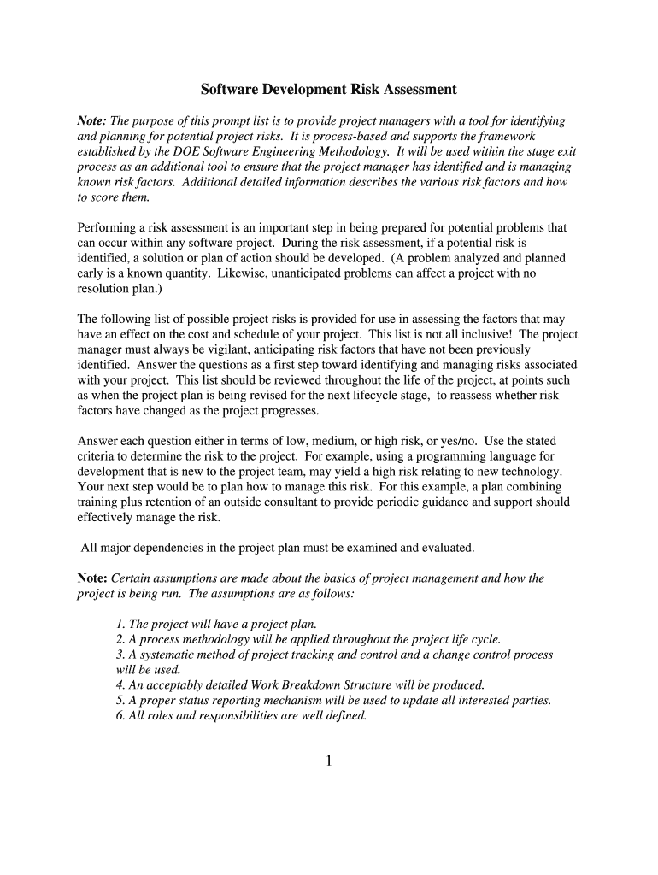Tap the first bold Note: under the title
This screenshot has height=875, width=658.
tap(92, 121)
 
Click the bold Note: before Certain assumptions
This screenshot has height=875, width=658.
tap(92, 578)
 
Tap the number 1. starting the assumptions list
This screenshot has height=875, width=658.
tap(120, 624)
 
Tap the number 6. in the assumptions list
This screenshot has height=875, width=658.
tap(120, 716)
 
